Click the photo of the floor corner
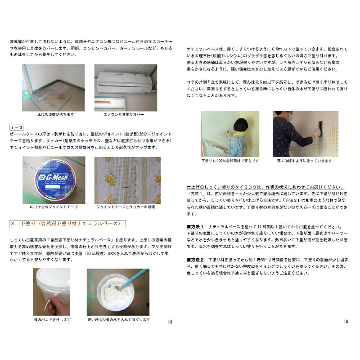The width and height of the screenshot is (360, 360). pos(54,87)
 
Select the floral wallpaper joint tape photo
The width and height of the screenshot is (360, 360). pos(127,180)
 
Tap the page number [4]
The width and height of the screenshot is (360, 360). pos(346,321)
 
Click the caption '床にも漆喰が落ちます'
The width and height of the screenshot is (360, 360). pos(53,115)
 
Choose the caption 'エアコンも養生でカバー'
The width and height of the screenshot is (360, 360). pos(124,115)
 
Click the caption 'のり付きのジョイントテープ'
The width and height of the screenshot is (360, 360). pos(54,207)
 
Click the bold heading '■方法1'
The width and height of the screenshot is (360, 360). pos(196,226)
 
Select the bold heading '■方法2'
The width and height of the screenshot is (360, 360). pos(196,260)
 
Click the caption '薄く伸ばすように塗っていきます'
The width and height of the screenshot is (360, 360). pos(305,160)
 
